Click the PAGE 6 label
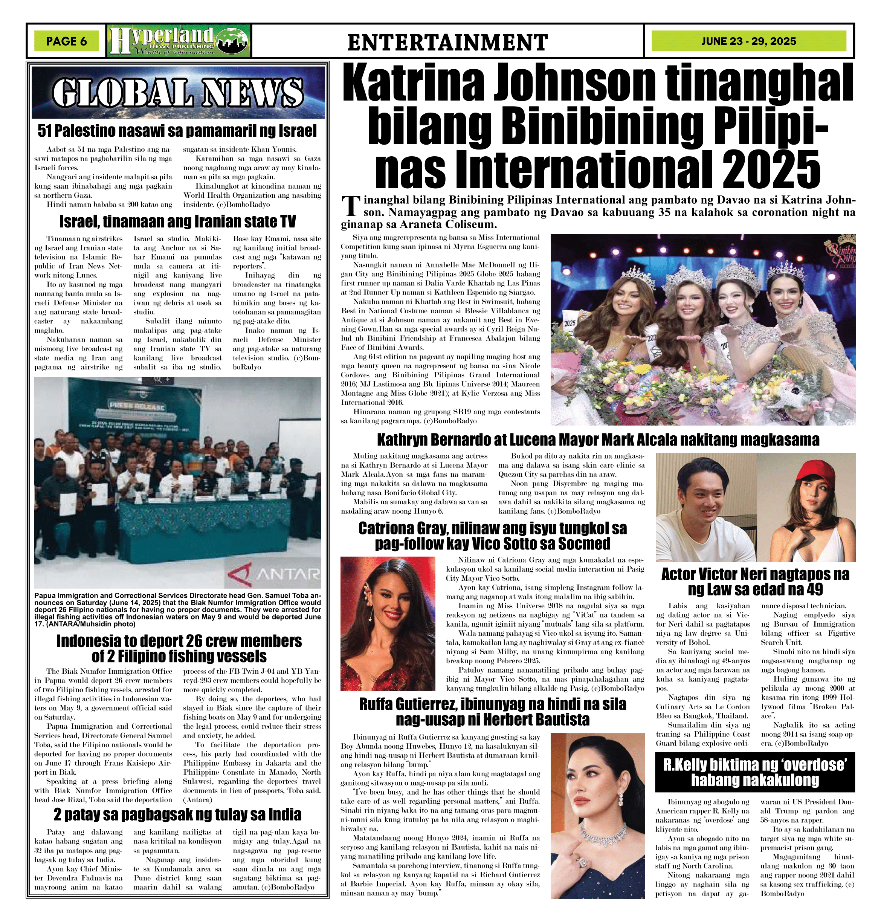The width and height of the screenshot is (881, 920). (66, 41)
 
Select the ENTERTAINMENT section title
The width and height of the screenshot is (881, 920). (447, 42)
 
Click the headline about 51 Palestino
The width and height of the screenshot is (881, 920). (177, 131)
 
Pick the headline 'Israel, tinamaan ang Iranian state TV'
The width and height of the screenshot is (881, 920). (177, 221)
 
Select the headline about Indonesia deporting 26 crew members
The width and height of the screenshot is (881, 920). (179, 648)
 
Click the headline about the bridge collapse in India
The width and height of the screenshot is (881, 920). (177, 815)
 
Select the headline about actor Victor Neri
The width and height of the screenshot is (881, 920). (755, 581)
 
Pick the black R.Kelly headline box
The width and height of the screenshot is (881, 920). (755, 772)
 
